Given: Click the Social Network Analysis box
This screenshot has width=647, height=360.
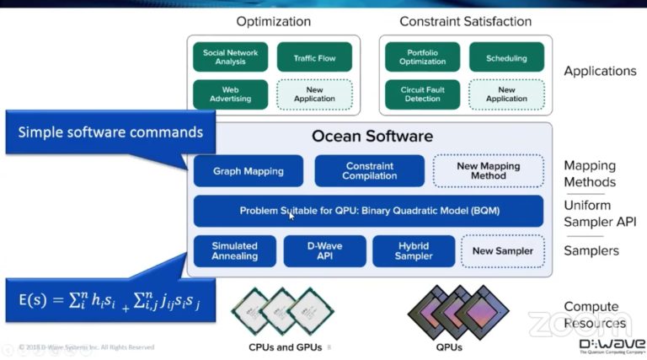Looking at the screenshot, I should coord(230,56).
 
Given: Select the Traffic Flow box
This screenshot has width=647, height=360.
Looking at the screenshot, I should coord(314,57).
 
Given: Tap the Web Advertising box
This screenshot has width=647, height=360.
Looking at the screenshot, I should coord(230,94).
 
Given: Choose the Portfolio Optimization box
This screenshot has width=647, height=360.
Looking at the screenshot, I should coord(422,56).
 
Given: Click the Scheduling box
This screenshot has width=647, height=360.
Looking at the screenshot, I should coord(506,57).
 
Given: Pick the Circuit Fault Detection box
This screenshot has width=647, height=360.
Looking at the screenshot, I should coord(422,94).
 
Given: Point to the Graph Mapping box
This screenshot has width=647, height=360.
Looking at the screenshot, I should coord(249,170).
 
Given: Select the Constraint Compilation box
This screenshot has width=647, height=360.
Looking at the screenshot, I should coord(369,170).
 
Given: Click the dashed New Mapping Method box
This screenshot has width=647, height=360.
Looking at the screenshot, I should coord(488,170).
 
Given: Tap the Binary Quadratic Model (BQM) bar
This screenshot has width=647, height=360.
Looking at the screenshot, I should coord(368,211).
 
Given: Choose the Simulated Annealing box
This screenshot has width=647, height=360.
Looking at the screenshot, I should coord(234,250).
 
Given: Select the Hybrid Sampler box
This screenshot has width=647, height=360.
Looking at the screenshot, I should coord(414,250).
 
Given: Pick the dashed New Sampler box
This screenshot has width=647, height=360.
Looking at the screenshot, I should coord(502,250).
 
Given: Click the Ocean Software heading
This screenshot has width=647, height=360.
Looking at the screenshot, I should coord(372,136).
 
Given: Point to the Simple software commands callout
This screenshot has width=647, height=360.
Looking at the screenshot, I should coord(110,132).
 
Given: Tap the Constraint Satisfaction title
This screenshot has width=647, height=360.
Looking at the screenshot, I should coord(465,21).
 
